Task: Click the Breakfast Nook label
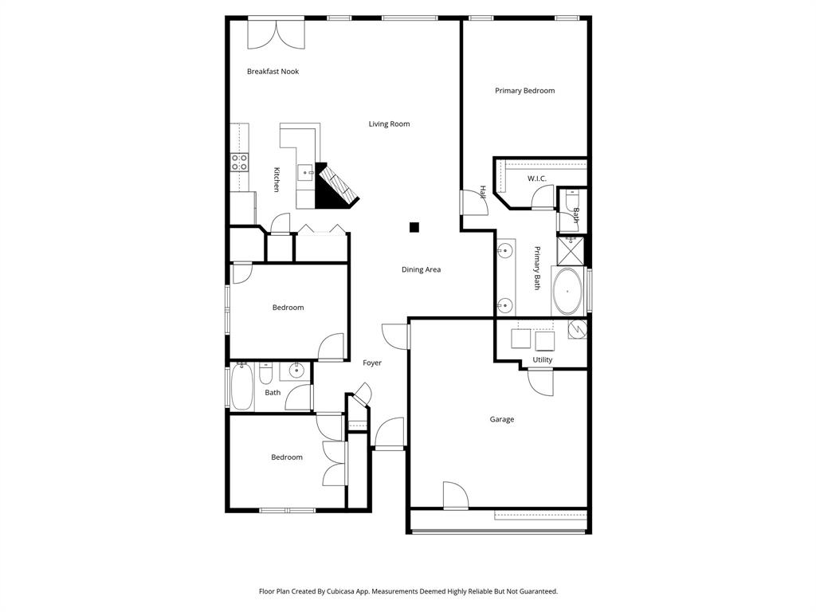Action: [273, 72]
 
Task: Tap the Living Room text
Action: [389, 124]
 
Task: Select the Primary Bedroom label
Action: [524, 91]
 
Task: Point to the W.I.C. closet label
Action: [536, 178]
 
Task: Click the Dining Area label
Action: [421, 270]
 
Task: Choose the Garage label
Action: [501, 420]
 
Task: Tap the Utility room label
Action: [542, 360]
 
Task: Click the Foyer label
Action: [372, 363]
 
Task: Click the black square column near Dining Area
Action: [414, 227]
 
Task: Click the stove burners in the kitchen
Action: [239, 163]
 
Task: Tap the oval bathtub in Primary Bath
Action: [567, 291]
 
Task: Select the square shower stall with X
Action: [571, 251]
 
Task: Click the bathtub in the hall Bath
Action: [241, 386]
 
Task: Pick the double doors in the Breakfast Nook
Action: [276, 32]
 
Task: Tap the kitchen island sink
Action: [305, 174]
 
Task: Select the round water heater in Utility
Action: [578, 328]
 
